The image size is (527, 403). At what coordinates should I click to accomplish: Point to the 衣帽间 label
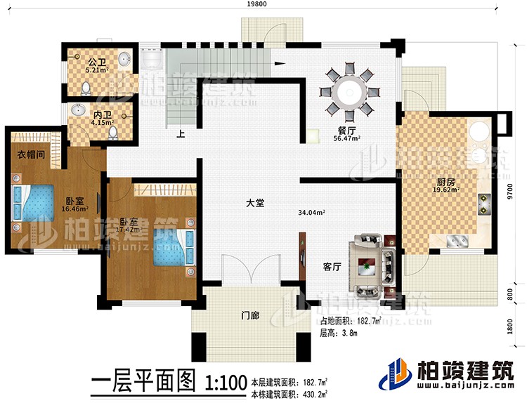(x=29, y=156)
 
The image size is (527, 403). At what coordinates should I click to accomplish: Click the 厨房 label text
(x=445, y=179)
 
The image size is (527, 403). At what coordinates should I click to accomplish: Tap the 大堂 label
(x=255, y=204)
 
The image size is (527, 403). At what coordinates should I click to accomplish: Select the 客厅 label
(x=332, y=267)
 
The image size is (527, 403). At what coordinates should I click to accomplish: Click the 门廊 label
(x=250, y=316)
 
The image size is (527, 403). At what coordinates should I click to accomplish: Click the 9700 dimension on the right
(x=519, y=188)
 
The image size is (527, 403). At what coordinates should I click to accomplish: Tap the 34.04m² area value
(x=311, y=212)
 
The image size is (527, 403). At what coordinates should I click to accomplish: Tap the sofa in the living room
(x=367, y=265)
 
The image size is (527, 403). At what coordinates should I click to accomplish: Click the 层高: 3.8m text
(x=339, y=333)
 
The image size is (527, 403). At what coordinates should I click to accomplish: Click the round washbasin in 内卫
(x=78, y=110)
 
